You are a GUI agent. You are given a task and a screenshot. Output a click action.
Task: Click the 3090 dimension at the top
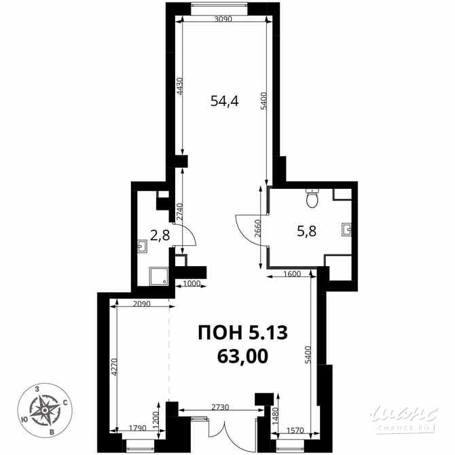[x=223, y=19]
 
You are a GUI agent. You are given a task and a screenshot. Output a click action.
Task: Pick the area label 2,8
[x=160, y=236]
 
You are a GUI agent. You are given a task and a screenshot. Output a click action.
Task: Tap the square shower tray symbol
[x=160, y=276]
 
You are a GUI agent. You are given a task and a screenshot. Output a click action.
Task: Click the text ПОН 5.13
[x=242, y=333]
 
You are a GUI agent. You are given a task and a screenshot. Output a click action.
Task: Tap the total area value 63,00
[x=242, y=354]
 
